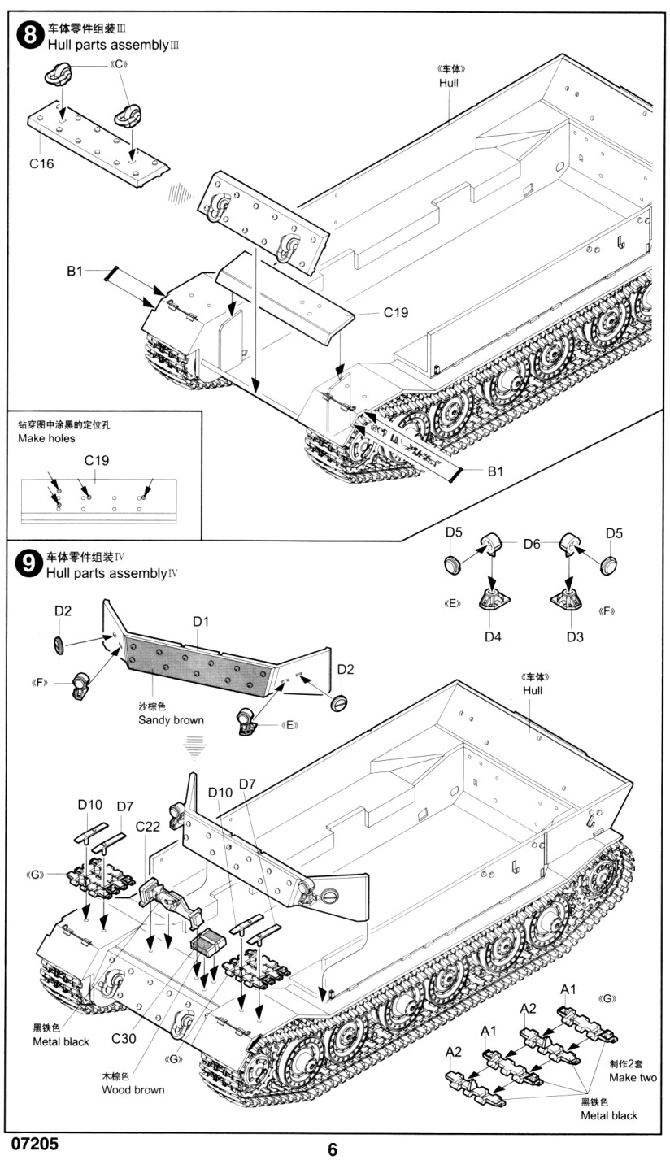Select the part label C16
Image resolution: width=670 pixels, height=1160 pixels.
click(41, 163)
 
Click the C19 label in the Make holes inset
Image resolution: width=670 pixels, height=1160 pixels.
click(97, 460)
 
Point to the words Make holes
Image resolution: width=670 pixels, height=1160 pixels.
click(46, 438)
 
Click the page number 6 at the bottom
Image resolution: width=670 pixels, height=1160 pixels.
click(333, 1149)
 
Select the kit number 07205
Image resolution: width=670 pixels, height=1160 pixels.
click(35, 1143)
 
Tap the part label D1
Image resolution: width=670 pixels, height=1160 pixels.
click(201, 622)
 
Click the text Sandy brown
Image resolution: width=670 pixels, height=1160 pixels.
click(171, 719)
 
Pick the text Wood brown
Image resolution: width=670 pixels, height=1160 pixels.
click(133, 1089)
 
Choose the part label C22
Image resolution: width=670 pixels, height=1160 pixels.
click(148, 826)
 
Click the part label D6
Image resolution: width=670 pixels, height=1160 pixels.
click(532, 544)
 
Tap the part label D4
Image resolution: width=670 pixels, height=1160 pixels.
click(493, 636)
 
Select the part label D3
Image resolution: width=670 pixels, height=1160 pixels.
click(575, 636)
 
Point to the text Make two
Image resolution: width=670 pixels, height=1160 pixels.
click(633, 1077)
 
